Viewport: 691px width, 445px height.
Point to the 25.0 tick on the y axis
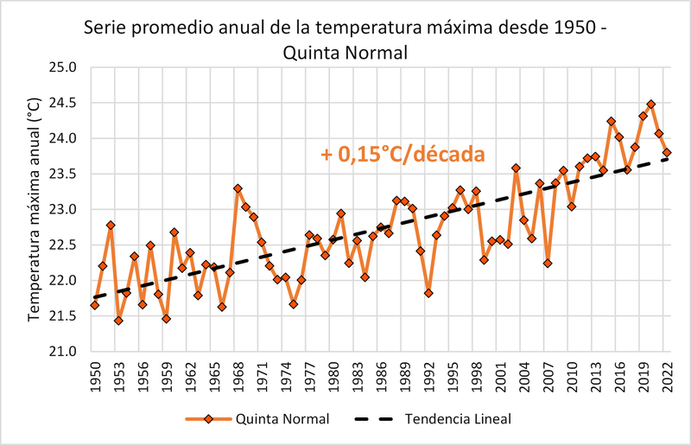click(65, 67)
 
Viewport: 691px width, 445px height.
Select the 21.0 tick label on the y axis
click(65, 352)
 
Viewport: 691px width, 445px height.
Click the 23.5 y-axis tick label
click(65, 174)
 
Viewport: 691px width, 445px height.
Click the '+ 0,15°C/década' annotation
click(402, 155)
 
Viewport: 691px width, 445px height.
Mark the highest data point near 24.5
click(651, 105)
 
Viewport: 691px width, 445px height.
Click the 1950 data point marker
click(95, 305)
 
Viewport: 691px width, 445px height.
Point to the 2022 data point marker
click(667, 152)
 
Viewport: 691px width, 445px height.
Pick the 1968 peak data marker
click(238, 188)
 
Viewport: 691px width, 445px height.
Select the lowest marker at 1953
click(118, 321)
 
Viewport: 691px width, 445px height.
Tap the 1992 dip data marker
click(428, 293)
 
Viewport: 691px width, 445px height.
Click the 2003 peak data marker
click(516, 168)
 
